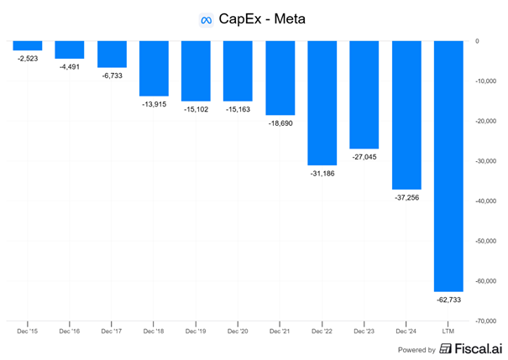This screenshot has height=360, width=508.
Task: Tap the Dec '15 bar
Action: pos(28,45)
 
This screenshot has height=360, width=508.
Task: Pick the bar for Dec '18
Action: pos(154,68)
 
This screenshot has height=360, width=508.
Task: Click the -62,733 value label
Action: pos(448,299)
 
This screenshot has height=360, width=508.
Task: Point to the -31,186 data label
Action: pos(322,173)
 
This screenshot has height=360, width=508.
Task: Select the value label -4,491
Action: pos(70,66)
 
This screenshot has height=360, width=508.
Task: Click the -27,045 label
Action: pos(364,156)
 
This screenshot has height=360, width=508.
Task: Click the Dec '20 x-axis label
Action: pos(238,331)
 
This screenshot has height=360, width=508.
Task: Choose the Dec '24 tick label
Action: pos(406,331)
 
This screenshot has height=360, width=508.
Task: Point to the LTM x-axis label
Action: pos(448,331)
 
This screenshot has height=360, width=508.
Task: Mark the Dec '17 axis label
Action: pos(112,331)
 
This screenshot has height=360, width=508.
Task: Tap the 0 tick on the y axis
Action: pos(477,41)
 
